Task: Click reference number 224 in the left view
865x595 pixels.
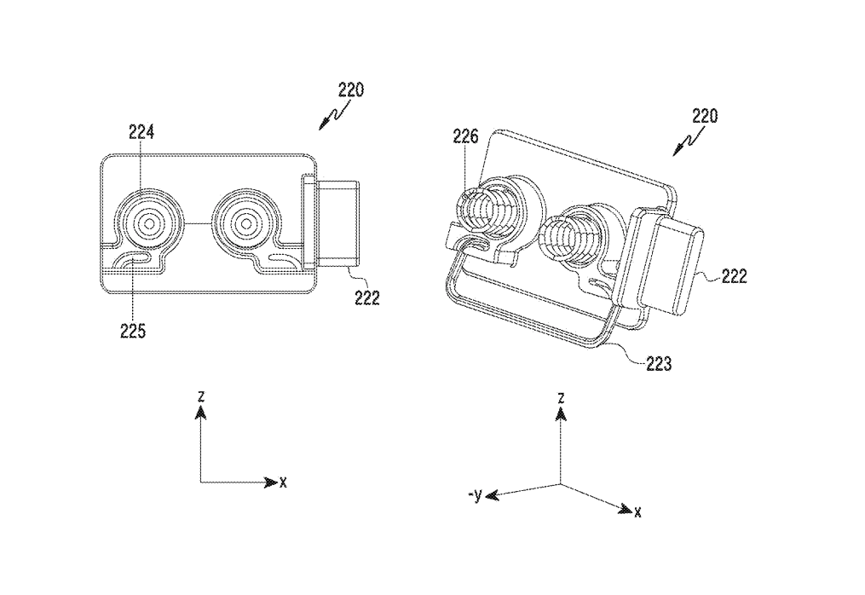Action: click(141, 132)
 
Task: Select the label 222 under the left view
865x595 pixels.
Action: click(367, 297)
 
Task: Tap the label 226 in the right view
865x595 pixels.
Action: click(466, 136)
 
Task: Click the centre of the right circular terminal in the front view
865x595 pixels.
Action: click(245, 222)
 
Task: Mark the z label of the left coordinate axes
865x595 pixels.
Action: click(199, 396)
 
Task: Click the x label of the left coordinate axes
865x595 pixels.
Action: click(283, 482)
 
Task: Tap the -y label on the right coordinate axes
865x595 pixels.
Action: click(475, 494)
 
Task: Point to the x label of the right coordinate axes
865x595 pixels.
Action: click(637, 511)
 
